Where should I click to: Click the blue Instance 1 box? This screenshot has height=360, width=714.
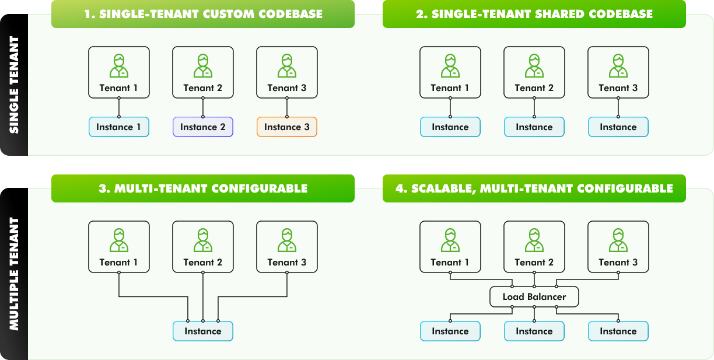click(118, 127)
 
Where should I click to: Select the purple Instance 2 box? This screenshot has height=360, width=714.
click(202, 127)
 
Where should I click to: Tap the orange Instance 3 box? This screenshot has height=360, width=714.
click(286, 127)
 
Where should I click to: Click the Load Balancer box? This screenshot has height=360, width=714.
click(534, 297)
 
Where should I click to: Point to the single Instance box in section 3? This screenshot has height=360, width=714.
click(202, 331)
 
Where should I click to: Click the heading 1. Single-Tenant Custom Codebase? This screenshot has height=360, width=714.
click(203, 14)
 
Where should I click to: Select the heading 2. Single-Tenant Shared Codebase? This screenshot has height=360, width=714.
click(534, 14)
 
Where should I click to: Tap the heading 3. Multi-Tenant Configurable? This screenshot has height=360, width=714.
click(203, 188)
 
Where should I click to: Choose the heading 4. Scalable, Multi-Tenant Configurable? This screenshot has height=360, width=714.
click(534, 188)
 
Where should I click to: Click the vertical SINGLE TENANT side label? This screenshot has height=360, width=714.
click(14, 85)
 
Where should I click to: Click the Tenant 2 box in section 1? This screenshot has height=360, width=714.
click(202, 72)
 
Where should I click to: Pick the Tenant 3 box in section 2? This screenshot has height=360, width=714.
click(618, 72)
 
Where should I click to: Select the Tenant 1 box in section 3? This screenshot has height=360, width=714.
click(118, 247)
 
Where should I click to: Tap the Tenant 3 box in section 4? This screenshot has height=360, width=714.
click(618, 247)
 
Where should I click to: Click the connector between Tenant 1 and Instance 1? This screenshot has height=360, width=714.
click(118, 107)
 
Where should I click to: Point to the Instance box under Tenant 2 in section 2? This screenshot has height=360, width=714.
click(534, 127)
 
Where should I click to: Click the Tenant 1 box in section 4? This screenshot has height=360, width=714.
click(450, 247)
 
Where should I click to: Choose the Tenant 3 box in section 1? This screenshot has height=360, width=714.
click(286, 72)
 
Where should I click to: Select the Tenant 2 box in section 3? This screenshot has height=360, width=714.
click(202, 247)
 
